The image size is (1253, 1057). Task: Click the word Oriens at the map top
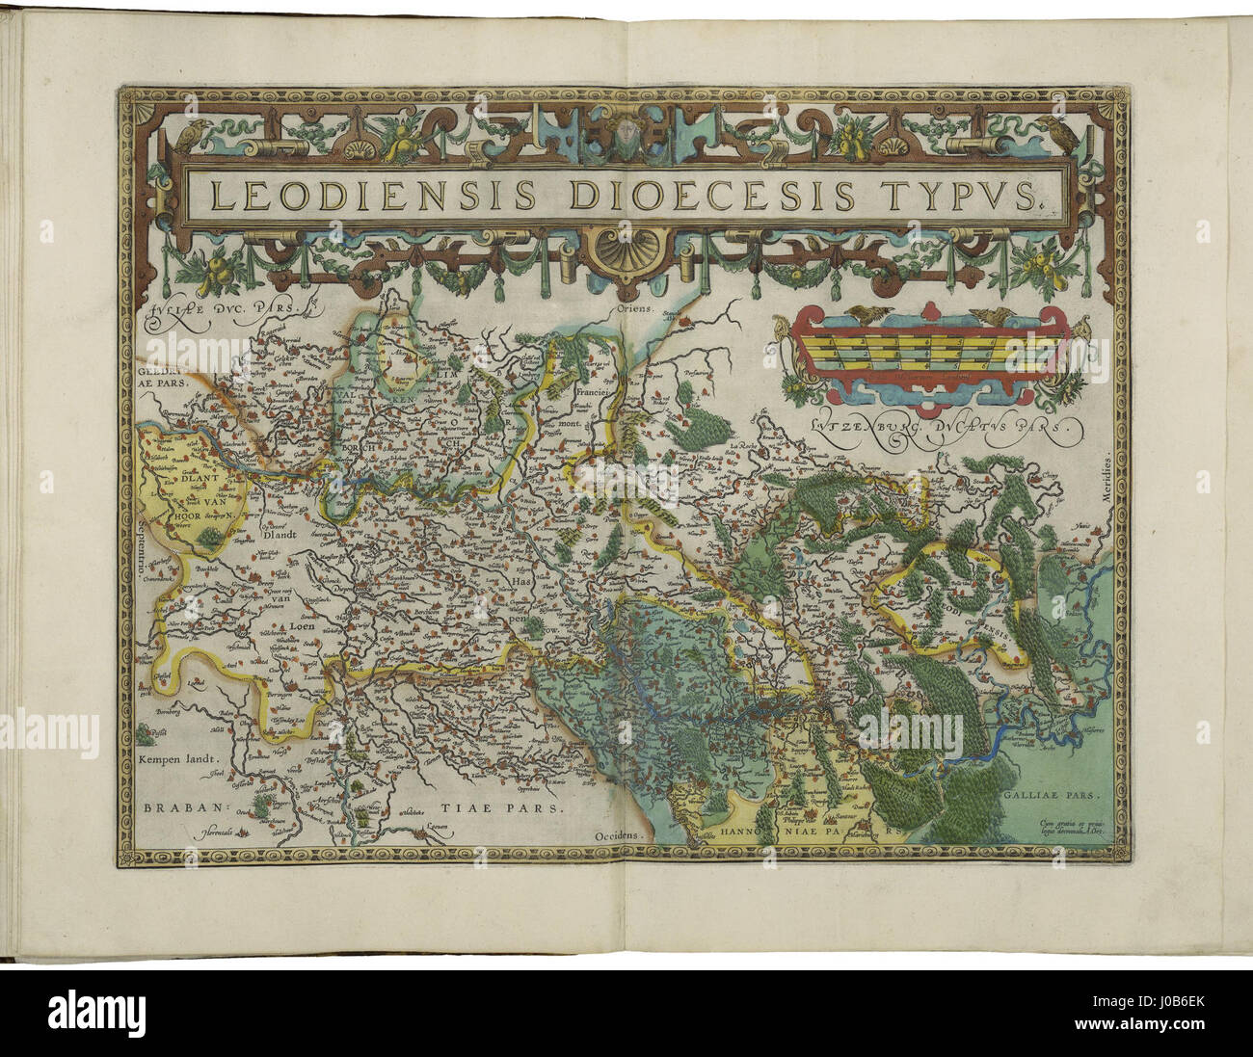(636, 310)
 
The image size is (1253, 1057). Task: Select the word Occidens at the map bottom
(618, 835)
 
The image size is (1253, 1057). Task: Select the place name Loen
(276, 623)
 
